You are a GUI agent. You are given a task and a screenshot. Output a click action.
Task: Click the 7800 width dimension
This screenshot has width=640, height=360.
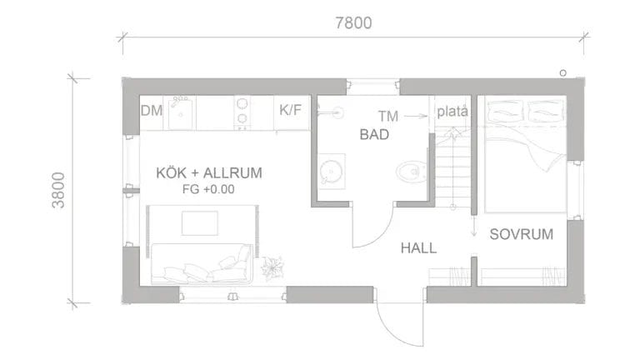353,22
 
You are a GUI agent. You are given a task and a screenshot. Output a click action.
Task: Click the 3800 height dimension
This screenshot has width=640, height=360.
58,190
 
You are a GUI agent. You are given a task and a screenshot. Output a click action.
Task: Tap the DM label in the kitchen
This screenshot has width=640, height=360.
152,111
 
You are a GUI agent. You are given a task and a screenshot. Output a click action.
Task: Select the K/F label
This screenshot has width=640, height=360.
290,110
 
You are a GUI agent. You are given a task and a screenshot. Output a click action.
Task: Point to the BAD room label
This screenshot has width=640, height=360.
374,135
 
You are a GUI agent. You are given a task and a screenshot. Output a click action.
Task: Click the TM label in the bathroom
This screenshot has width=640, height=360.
388,117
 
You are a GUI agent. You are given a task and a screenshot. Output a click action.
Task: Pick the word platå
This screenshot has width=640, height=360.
452,112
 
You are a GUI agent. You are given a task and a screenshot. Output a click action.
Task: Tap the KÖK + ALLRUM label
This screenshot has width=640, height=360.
209,172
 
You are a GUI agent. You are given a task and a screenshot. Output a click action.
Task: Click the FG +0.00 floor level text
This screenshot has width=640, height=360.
208,189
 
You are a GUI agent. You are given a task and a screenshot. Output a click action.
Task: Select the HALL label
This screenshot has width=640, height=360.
419,247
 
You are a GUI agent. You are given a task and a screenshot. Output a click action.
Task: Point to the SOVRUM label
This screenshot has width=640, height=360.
521,234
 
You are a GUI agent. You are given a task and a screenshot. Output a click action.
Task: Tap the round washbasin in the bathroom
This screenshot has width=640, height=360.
332,172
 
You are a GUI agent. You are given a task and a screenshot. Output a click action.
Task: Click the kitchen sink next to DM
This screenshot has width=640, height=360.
180,113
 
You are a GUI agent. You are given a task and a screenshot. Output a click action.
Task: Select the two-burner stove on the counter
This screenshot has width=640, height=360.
242,112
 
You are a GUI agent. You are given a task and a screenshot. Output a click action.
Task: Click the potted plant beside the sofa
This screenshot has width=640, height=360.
272,267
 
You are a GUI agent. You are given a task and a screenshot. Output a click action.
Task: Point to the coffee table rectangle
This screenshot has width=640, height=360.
200,222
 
